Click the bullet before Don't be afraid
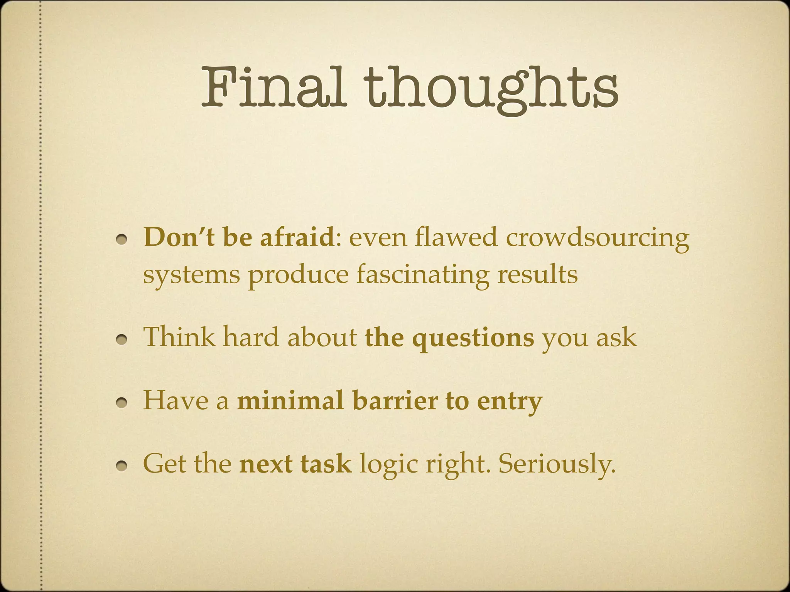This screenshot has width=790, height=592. (x=123, y=240)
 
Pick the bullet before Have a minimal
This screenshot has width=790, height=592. (x=123, y=403)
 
